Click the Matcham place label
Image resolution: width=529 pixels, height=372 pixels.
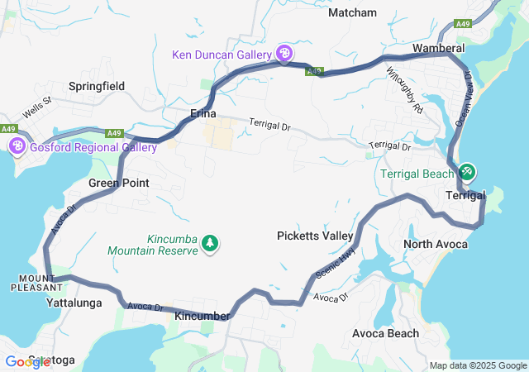352,12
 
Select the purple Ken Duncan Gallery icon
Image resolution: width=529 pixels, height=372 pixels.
284,54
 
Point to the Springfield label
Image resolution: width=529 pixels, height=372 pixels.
96,86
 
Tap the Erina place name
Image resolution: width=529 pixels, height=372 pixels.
203,113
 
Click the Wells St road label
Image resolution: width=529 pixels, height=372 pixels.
37,106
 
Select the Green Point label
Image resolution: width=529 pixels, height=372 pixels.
118,183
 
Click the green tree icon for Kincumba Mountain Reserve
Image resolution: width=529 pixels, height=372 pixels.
210,243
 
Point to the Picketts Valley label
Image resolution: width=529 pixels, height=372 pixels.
314,236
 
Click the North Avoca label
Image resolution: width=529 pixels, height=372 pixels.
435,244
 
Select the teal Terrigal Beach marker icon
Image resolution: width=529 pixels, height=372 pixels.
466,172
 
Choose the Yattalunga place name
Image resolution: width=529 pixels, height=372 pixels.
74,303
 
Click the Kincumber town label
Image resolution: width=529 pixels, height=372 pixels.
202,317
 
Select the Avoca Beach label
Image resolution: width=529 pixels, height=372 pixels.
385,333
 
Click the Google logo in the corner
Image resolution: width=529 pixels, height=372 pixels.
27,361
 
